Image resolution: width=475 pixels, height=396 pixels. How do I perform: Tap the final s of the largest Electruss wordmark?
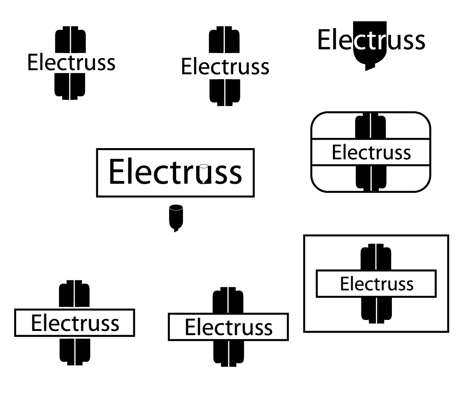click(234, 174)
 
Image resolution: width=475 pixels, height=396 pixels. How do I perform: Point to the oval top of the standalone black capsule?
click(176, 207)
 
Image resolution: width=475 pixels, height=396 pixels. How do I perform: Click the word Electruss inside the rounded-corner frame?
click(371, 152)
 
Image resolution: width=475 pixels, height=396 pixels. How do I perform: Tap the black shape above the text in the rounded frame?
click(370, 126)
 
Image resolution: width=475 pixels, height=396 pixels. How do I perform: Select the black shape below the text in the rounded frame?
click(370, 178)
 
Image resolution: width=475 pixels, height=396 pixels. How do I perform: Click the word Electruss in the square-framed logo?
click(376, 284)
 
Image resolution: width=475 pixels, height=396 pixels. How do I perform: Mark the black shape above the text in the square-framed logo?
click(376, 257)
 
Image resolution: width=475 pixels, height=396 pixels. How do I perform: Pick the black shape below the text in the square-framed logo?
click(376, 310)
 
